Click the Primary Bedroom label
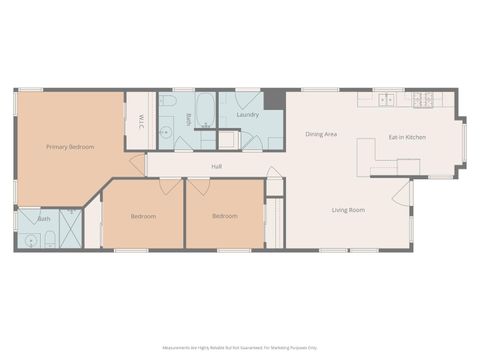70,147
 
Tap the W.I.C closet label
141,122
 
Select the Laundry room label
248,115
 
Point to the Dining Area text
320,134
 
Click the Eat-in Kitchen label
407,136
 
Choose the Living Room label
348,210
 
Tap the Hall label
216,166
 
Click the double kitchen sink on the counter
385,99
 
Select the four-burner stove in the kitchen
422,99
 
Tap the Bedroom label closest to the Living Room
225,216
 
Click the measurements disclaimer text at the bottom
239,348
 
